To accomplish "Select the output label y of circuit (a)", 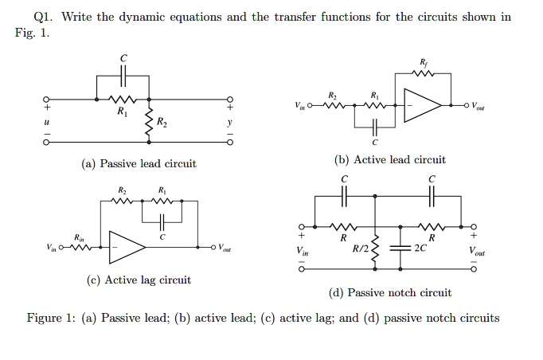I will point(230,123).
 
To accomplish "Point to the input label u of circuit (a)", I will point(47,123).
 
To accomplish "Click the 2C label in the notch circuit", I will point(420,248).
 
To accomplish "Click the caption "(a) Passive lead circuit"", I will point(139,164).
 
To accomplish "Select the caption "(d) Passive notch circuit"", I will point(389,293).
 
